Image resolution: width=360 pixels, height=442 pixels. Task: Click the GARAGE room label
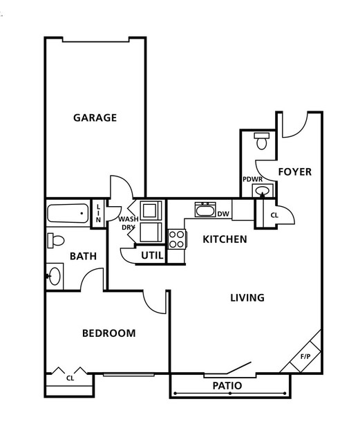coord(95,118)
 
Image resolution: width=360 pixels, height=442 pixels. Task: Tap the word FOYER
coord(295,172)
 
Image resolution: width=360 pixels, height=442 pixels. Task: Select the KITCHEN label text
coord(225,239)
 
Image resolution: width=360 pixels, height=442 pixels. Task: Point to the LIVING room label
coord(247,297)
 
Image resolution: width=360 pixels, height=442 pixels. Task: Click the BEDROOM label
coord(108,333)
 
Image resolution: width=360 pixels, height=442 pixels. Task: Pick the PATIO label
coord(227,385)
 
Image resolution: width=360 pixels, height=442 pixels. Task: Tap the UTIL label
coord(152,256)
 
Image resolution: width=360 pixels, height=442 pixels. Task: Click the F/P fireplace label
coord(305,357)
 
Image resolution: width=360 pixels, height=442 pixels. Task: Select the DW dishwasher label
coord(223,214)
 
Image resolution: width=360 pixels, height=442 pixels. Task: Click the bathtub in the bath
coord(68,213)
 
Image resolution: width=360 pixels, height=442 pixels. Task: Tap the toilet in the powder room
coord(262,141)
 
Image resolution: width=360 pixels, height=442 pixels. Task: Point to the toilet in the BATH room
coord(56,241)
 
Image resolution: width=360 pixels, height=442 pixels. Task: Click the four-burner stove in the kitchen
coord(177,239)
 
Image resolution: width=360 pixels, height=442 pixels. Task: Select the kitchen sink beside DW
coord(205,210)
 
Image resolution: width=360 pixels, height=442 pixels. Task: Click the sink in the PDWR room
coord(263,190)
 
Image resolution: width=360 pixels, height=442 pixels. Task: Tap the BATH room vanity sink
coord(55,276)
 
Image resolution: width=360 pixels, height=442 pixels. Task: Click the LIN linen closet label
coord(98,213)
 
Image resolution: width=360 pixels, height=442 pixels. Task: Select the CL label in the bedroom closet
coord(70,378)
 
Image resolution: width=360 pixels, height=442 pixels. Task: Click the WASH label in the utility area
coord(128,219)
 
